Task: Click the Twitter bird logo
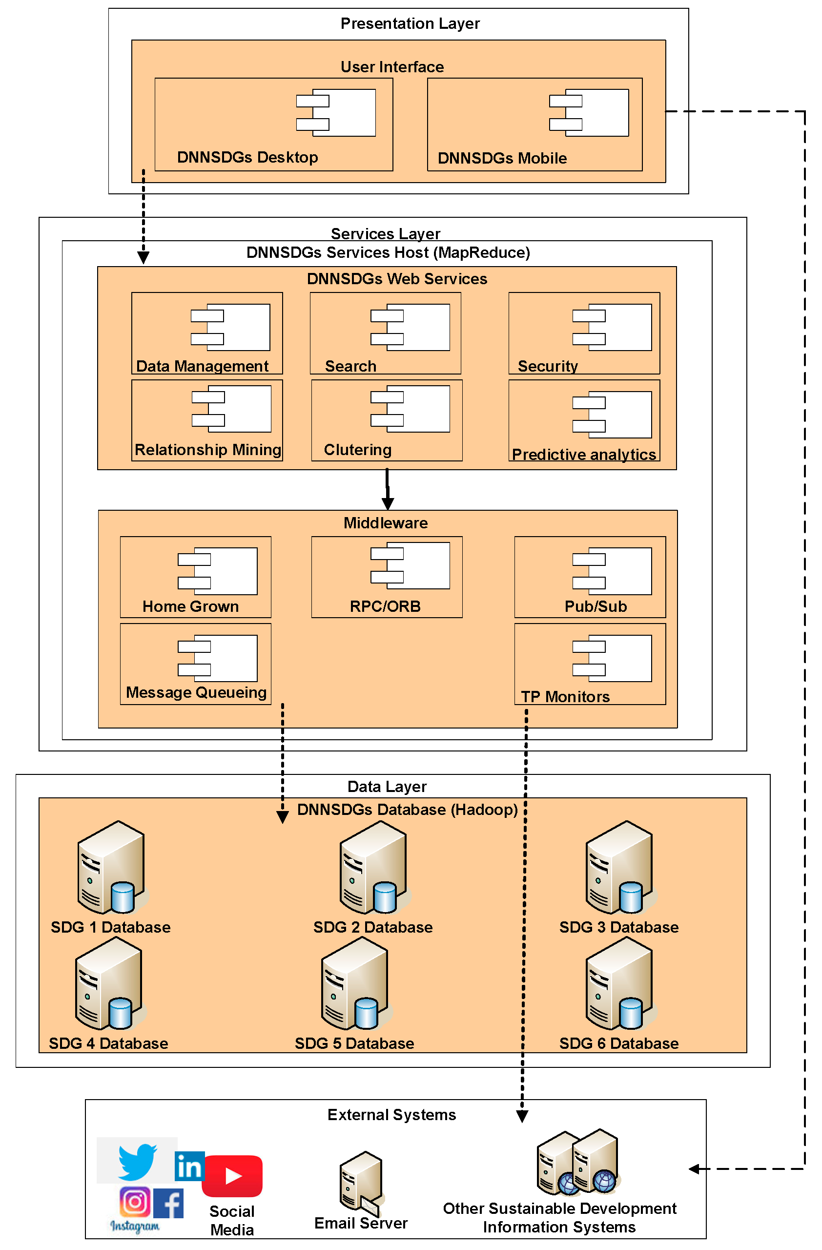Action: click(138, 1161)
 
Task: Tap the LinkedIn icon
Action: click(189, 1167)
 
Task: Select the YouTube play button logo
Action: click(232, 1176)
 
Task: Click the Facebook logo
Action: click(168, 1203)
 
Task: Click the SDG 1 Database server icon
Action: click(112, 868)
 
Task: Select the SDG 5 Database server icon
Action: click(356, 984)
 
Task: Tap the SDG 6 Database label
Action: click(618, 1043)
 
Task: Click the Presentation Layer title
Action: click(410, 23)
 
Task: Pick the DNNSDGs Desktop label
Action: click(247, 157)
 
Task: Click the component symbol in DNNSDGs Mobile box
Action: click(588, 112)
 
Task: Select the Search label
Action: click(350, 366)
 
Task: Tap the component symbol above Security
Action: click(612, 327)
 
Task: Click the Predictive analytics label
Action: click(584, 454)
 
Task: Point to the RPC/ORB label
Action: click(385, 606)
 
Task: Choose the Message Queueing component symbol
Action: click(217, 658)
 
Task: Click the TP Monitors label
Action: click(565, 696)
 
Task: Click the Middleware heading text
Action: click(385, 522)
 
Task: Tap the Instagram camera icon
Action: click(135, 1201)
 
